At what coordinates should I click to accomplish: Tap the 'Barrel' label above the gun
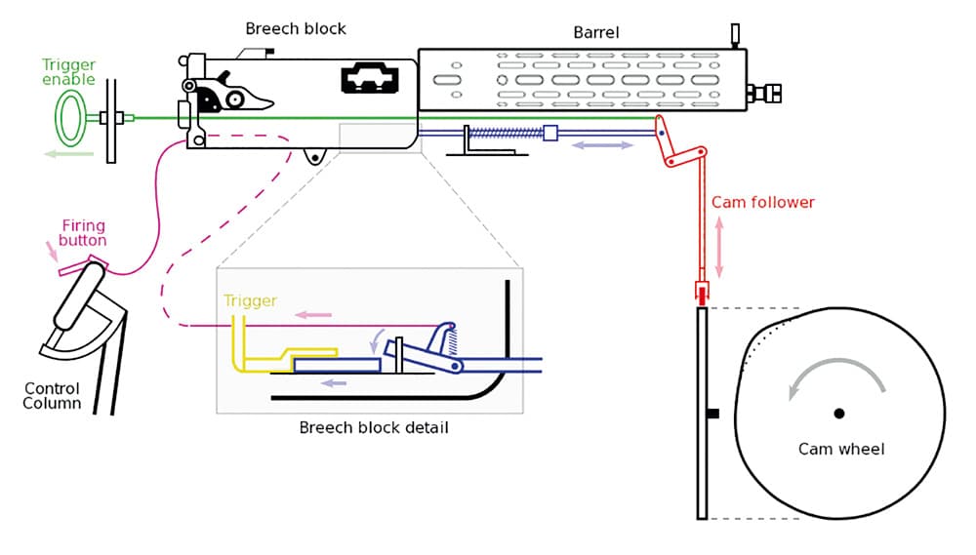596,32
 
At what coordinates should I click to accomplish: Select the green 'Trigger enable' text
68,73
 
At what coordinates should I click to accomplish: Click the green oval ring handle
69,118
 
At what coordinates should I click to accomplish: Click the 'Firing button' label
83,233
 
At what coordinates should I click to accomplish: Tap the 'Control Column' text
52,396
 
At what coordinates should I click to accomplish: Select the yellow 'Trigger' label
250,301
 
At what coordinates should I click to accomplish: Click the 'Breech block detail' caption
374,427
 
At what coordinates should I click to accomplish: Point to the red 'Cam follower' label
762,203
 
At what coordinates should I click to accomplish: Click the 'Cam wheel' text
841,449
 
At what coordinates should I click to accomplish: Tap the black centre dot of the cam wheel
839,414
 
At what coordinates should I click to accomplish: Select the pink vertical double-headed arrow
720,247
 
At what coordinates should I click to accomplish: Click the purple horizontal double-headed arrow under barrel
602,145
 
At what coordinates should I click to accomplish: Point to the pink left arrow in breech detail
313,315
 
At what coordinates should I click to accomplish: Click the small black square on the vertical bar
713,414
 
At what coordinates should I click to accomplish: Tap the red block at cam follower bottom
702,292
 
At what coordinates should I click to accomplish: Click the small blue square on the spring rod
549,133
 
